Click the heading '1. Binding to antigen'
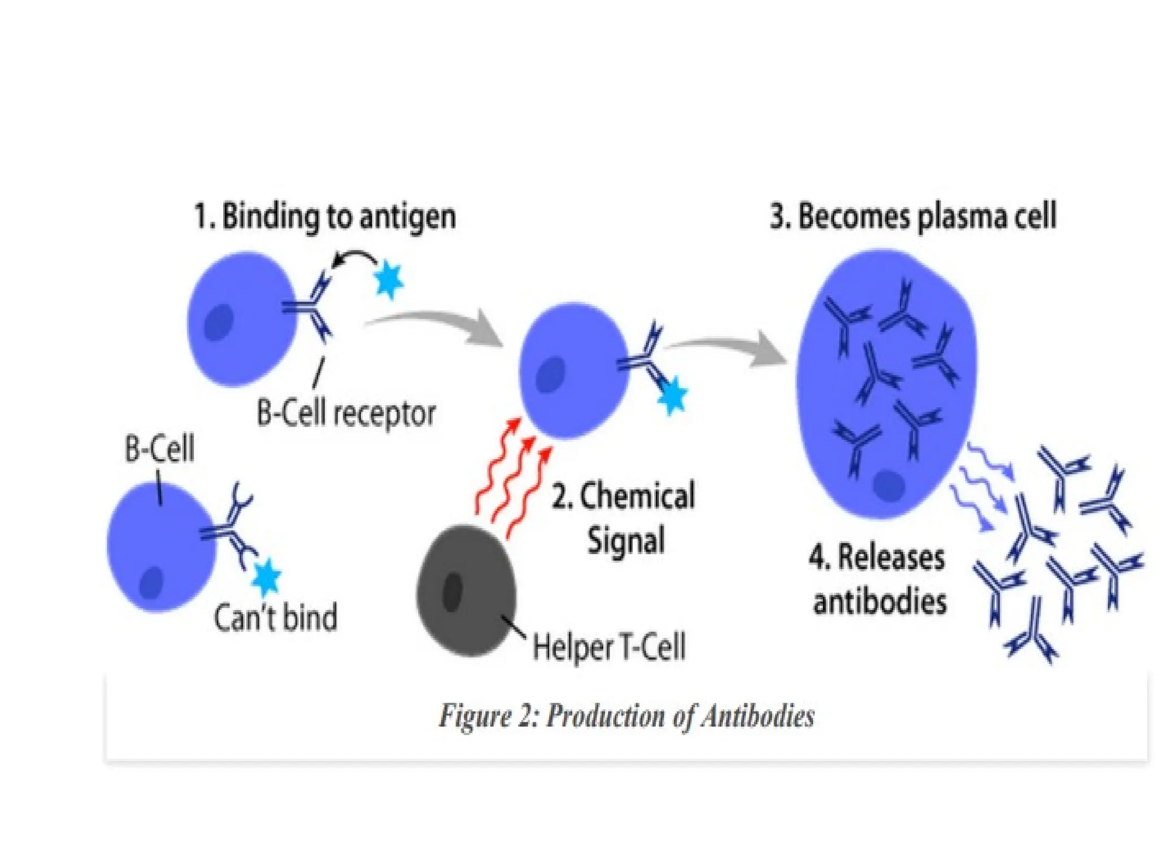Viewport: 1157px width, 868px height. click(325, 217)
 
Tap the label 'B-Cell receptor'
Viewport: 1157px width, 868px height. click(346, 414)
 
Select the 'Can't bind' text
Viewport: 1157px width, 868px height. click(276, 617)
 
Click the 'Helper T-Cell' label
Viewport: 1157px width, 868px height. click(609, 647)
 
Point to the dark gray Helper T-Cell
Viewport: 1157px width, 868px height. click(467, 591)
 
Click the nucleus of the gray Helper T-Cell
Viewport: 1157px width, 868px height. click(453, 592)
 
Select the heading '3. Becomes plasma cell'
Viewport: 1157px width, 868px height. click(913, 217)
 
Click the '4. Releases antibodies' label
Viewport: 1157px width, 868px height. click(878, 579)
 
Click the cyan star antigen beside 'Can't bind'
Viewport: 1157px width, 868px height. click(266, 577)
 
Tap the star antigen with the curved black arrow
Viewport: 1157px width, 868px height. click(389, 279)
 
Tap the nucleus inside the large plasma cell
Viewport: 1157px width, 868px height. click(889, 484)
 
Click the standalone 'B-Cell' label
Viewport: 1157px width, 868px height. click(159, 449)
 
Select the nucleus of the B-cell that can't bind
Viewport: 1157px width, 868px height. click(151, 583)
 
